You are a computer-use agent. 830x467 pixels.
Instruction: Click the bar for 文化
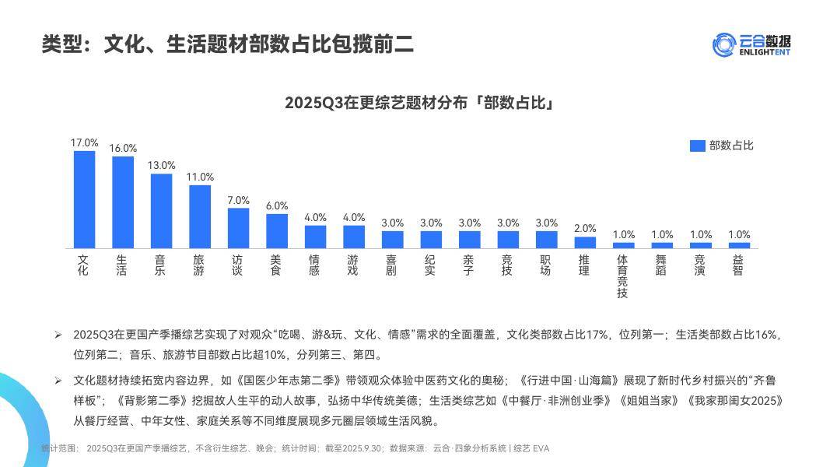point(84,199)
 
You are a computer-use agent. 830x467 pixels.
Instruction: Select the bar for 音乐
point(161,211)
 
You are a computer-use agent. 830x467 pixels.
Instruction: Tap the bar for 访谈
point(238,228)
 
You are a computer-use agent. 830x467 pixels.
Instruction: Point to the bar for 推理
point(585,242)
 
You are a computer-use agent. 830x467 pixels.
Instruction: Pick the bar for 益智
point(739,245)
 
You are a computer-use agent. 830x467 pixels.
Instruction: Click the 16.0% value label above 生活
point(123,148)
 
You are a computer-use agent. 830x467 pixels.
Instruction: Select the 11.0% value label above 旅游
point(200,177)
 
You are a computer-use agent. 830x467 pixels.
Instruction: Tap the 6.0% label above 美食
point(277,205)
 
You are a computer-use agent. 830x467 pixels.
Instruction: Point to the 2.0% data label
point(585,228)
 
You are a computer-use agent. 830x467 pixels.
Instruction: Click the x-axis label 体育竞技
point(622,276)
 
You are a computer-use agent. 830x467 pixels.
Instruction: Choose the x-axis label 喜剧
point(392,265)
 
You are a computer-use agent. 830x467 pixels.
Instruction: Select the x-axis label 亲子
point(469,265)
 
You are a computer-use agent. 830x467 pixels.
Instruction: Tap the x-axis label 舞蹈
point(661,265)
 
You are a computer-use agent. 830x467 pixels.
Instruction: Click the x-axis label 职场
point(546,265)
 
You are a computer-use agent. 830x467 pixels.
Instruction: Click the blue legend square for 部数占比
point(697,146)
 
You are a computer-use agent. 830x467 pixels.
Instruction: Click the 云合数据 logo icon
point(723,44)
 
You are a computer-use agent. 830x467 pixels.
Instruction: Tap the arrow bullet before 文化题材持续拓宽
point(58,381)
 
